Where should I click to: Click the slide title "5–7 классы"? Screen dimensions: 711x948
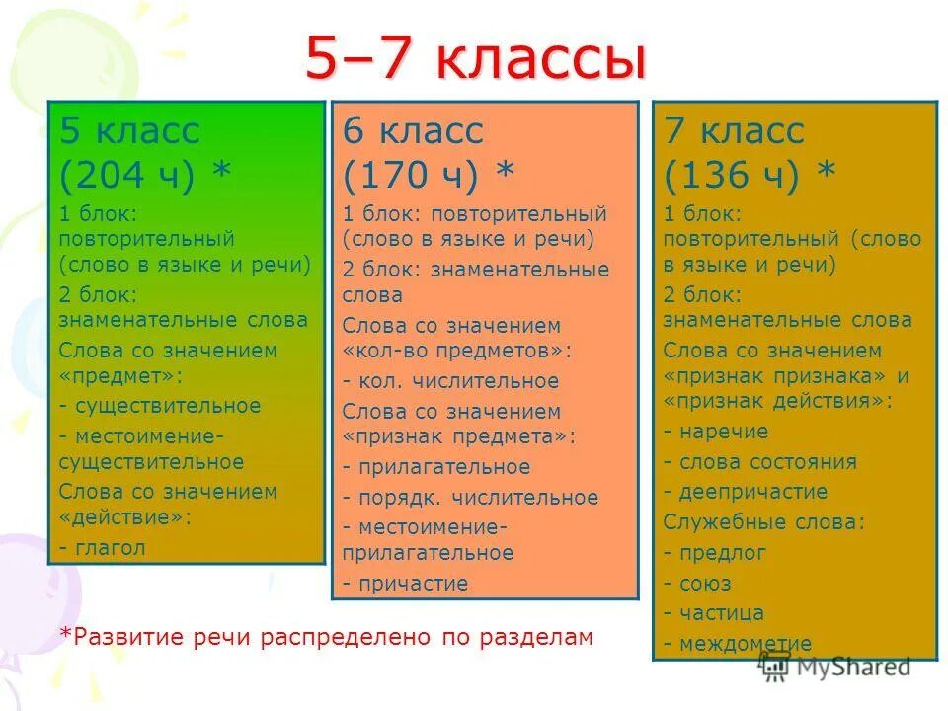coord(474,61)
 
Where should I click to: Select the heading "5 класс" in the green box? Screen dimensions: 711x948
coord(129,130)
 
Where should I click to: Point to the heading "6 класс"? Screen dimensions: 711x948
coord(413,130)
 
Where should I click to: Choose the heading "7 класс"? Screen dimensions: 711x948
coord(734,130)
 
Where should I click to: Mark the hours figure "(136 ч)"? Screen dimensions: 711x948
coord(732,175)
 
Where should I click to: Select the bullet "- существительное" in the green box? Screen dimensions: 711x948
coord(159,405)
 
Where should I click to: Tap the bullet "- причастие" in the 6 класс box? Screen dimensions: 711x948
coord(405,583)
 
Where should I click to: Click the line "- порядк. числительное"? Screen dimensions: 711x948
coord(470,497)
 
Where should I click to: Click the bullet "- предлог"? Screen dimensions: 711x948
coord(715,552)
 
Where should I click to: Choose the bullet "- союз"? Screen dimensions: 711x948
coord(701,583)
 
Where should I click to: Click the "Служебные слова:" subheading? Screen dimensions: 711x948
coord(763,521)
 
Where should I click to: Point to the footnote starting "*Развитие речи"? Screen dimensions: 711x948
coord(326,637)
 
